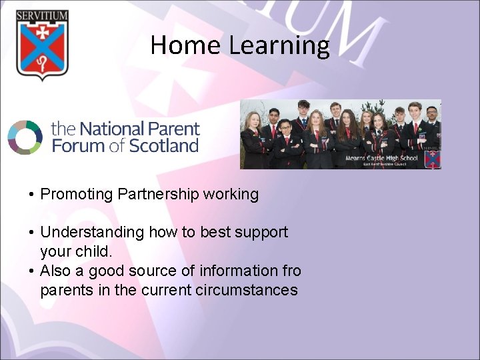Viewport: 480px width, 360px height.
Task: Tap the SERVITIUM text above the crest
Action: click(42, 15)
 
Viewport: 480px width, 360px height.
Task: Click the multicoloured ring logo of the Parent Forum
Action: click(25, 137)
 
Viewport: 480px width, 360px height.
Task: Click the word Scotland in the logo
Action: click(164, 145)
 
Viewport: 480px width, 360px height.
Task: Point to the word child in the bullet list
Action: click(93, 252)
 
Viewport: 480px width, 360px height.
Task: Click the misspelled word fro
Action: click(291, 271)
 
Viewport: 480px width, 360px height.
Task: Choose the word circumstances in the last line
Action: click(247, 290)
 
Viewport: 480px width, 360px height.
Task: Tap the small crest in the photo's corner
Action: click(431, 156)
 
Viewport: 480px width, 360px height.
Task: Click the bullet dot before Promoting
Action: click(31, 195)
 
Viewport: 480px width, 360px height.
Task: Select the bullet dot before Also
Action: click(31, 271)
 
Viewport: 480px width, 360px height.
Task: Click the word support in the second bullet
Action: click(263, 233)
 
